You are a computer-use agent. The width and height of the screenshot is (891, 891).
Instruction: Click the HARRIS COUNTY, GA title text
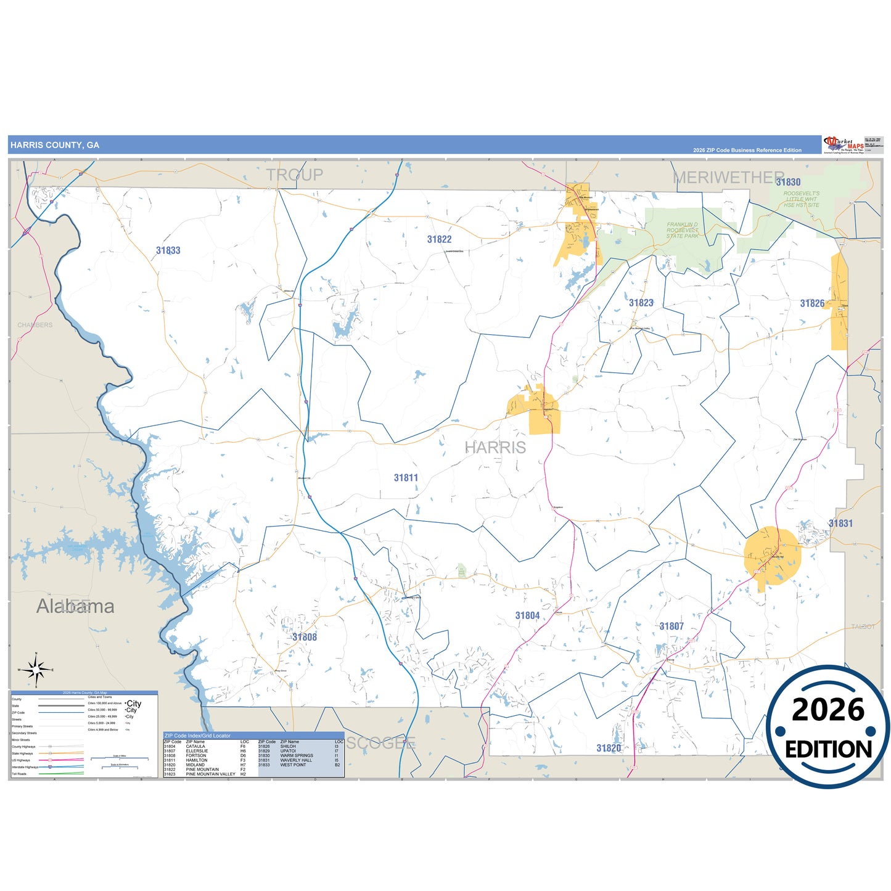tap(55, 146)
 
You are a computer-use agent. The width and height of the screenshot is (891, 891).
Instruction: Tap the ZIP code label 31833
tap(168, 250)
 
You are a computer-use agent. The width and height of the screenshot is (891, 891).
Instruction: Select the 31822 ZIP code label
tap(439, 239)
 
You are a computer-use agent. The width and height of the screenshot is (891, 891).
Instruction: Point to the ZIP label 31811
tap(406, 478)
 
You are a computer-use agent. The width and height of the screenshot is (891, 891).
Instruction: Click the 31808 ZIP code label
tap(305, 637)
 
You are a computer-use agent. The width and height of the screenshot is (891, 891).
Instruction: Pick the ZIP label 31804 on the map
tap(527, 615)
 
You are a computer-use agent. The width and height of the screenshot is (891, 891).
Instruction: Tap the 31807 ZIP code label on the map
tap(671, 626)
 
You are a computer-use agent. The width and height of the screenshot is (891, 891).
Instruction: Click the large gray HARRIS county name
tap(495, 448)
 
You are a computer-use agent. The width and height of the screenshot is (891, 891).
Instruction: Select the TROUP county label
tap(294, 175)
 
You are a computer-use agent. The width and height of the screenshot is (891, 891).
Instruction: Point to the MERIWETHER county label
tap(728, 178)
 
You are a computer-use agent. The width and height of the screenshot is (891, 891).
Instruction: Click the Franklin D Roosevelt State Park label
tap(682, 230)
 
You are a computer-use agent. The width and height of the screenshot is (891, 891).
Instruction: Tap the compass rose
tap(36, 670)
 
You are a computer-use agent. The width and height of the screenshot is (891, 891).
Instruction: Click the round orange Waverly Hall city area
tap(772, 555)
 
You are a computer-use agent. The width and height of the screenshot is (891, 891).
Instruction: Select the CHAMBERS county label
tap(35, 325)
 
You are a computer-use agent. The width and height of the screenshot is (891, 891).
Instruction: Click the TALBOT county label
tap(863, 626)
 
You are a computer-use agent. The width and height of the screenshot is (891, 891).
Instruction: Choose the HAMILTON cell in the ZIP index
tap(197, 760)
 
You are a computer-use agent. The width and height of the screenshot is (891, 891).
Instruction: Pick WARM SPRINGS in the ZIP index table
tap(297, 755)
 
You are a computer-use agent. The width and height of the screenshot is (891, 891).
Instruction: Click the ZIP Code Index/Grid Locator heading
tap(197, 736)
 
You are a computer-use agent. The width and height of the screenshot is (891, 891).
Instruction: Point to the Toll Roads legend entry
tap(19, 774)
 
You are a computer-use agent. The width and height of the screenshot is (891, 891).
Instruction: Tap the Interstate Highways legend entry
tap(25, 767)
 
